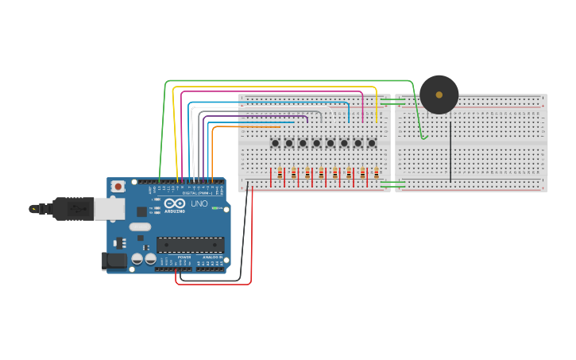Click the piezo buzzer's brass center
pyautogui.click(x=439, y=95)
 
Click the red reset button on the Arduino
pyautogui.click(x=118, y=187)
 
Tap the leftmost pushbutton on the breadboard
pyautogui.click(x=275, y=143)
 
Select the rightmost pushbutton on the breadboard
pyautogui.click(x=372, y=143)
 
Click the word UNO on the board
pyautogui.click(x=199, y=204)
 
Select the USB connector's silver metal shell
pyautogui.click(x=109, y=208)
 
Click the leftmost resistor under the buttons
pyautogui.click(x=280, y=174)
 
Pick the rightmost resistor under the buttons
pyautogui.click(x=376, y=174)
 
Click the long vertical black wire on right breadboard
pyautogui.click(x=450, y=151)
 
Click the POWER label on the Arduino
pyautogui.click(x=184, y=257)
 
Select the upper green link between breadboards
pyautogui.click(x=392, y=102)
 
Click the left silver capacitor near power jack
pyautogui.click(x=137, y=258)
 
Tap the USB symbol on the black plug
pyautogui.click(x=76, y=208)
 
